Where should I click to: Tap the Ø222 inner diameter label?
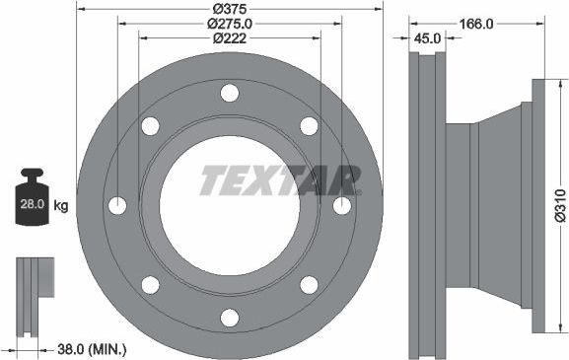point(229,39)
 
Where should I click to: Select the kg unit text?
point(61,206)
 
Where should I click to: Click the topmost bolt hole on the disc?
point(230,94)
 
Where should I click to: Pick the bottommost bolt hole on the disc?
point(230,318)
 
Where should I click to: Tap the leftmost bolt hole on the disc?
point(117,206)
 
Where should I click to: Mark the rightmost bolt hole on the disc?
point(341,206)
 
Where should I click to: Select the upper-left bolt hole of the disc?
point(151,126)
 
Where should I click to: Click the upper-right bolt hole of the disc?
point(309,126)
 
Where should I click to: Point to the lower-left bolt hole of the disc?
point(151,285)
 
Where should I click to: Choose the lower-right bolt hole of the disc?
point(309,285)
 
